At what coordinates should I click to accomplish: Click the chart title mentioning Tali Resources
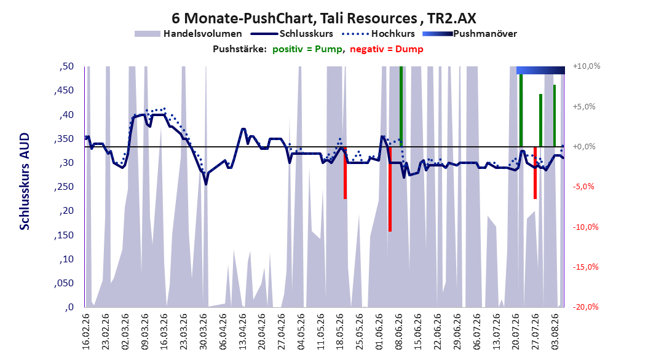(x=323, y=18)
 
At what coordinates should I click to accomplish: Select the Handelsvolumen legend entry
(x=188, y=34)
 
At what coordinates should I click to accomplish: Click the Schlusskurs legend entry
(x=292, y=34)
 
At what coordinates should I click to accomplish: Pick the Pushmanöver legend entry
(x=470, y=34)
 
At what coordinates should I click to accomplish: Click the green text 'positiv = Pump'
(x=307, y=49)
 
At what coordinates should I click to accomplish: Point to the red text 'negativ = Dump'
(x=387, y=49)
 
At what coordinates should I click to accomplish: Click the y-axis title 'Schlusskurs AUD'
(x=25, y=181)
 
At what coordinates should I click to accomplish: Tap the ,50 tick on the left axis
(x=66, y=66)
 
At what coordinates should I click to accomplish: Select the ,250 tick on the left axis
(x=64, y=187)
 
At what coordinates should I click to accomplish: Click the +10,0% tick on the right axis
(x=587, y=66)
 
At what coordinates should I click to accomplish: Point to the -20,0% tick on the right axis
(x=585, y=307)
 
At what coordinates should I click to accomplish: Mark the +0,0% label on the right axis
(x=584, y=147)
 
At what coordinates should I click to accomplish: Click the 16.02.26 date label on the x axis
(x=86, y=332)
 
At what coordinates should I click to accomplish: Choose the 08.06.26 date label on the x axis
(x=399, y=332)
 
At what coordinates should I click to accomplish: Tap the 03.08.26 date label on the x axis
(x=555, y=332)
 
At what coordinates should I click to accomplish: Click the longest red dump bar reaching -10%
(x=390, y=189)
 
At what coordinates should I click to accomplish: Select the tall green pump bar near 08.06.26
(x=401, y=106)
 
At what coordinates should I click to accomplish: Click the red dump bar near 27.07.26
(x=535, y=173)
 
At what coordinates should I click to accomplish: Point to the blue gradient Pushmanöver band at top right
(x=540, y=70)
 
